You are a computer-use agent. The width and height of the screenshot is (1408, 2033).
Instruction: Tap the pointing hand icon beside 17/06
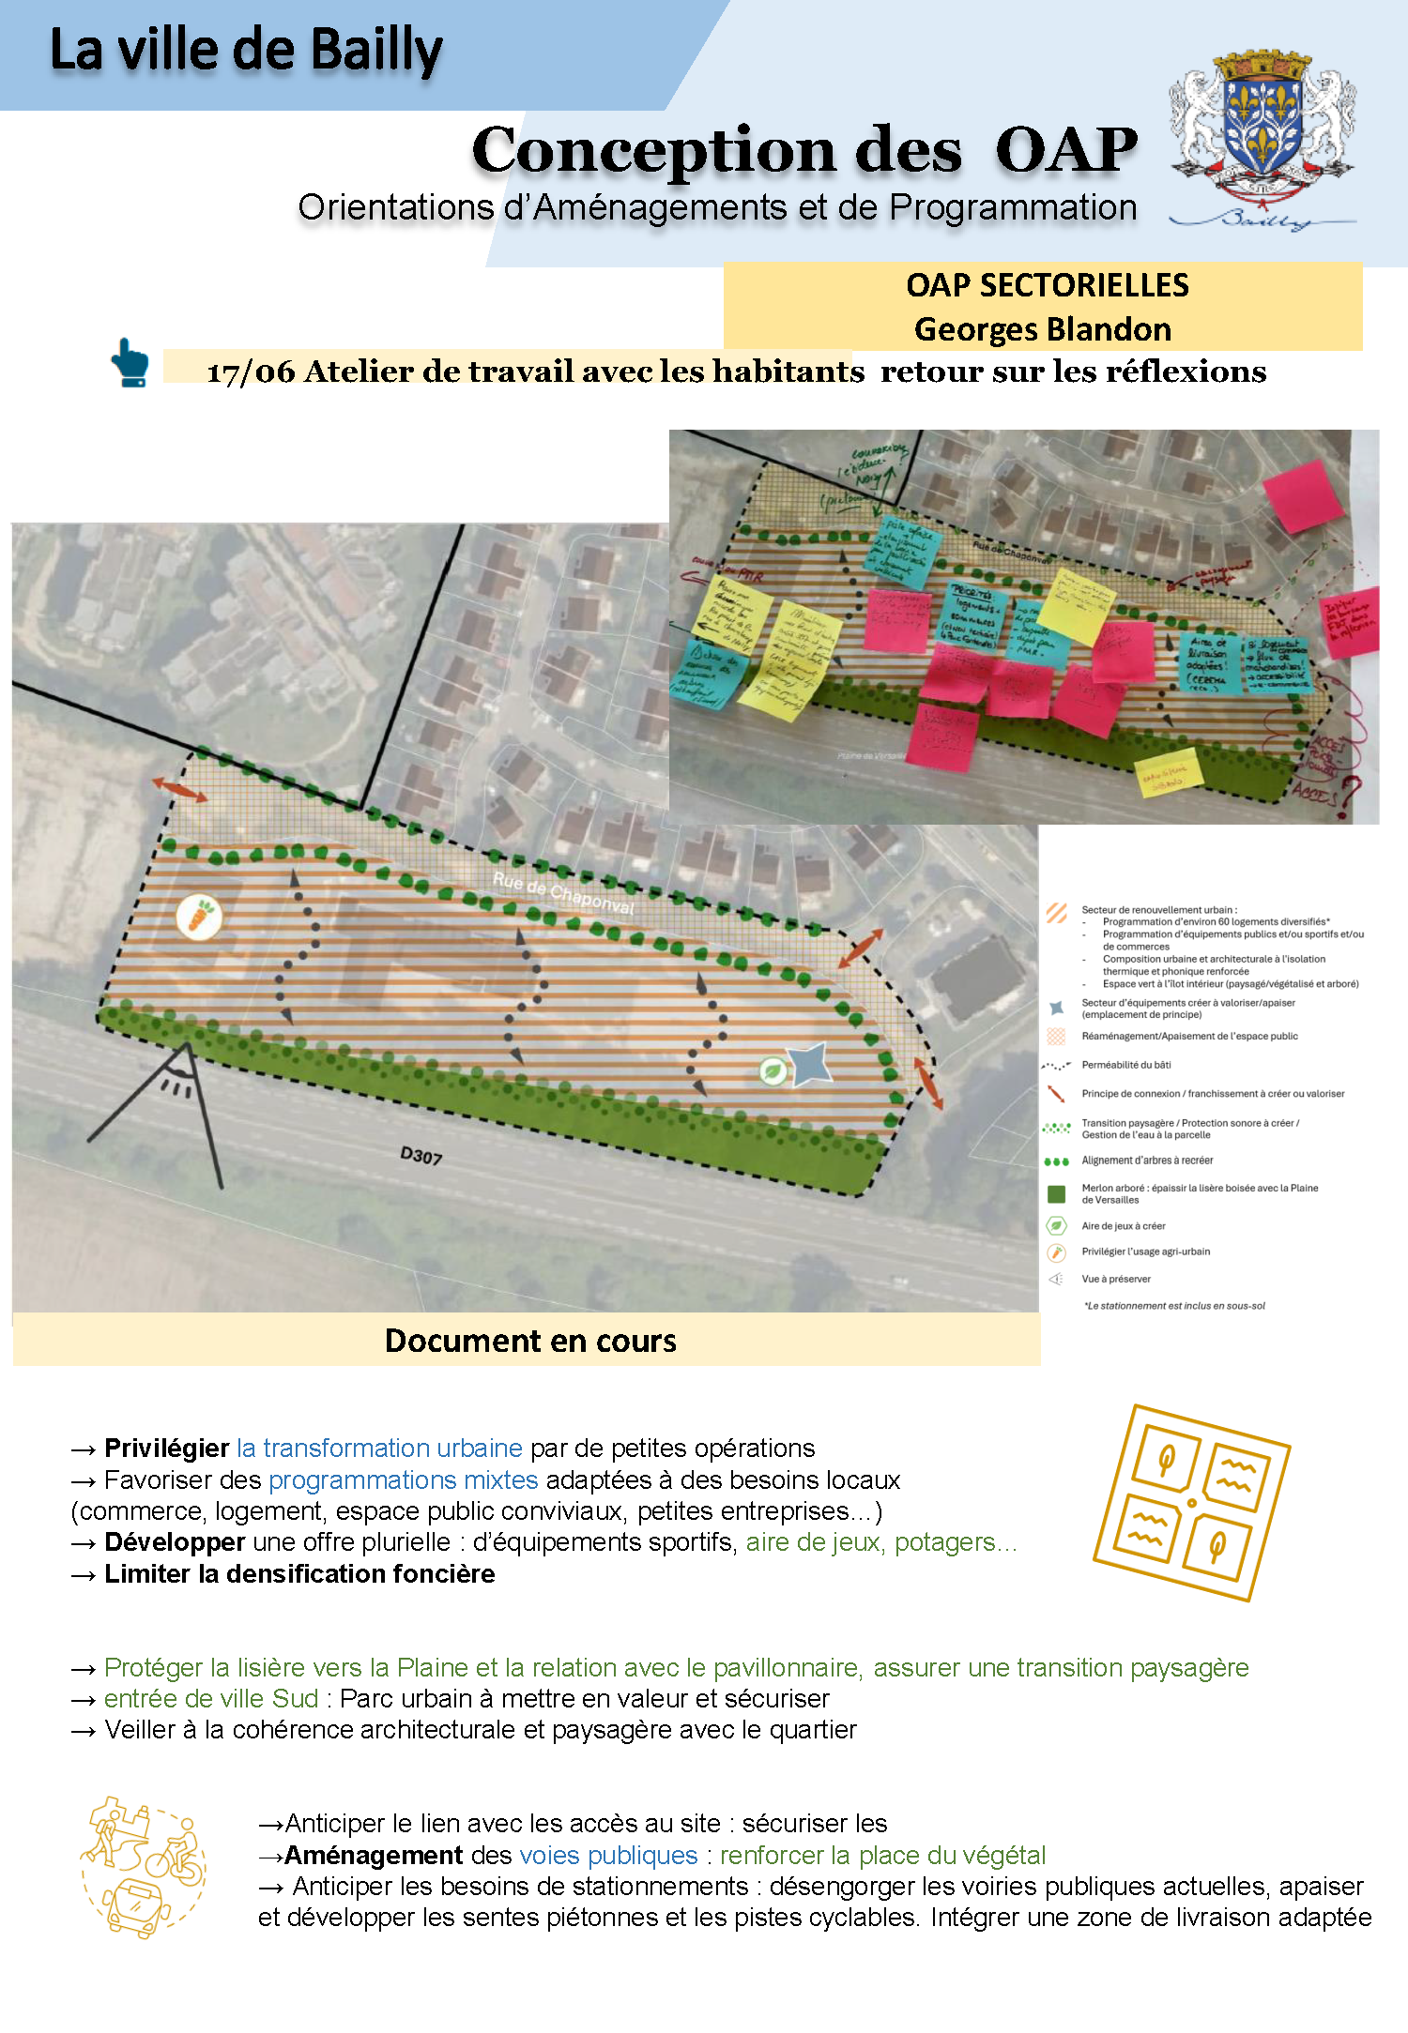[130, 363]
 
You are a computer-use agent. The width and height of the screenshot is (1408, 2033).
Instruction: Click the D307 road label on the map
[421, 1156]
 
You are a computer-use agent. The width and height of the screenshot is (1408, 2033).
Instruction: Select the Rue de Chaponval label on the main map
[563, 893]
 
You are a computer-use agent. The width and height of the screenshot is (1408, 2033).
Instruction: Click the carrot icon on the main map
[200, 917]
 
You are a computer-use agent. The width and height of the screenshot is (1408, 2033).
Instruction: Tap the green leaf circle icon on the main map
[773, 1070]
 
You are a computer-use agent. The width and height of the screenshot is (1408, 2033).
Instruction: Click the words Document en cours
[530, 1341]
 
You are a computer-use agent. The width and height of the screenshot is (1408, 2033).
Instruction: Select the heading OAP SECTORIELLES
[1047, 285]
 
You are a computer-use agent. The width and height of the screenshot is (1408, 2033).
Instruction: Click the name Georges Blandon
[1043, 329]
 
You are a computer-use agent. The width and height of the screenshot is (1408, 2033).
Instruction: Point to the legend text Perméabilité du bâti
[1125, 1065]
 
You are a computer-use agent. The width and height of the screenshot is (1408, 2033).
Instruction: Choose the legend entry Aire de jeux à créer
[1123, 1226]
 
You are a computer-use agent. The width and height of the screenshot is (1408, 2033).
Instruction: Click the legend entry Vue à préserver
[1115, 1279]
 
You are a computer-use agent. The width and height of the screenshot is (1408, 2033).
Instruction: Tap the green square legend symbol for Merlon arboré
[1056, 1194]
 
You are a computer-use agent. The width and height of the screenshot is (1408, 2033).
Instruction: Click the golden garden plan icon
[1191, 1502]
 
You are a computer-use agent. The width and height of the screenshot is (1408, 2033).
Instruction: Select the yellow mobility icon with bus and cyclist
[144, 1866]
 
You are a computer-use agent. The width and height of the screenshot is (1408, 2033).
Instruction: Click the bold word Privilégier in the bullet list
[167, 1448]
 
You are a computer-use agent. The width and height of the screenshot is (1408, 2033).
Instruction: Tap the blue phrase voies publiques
[608, 1855]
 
